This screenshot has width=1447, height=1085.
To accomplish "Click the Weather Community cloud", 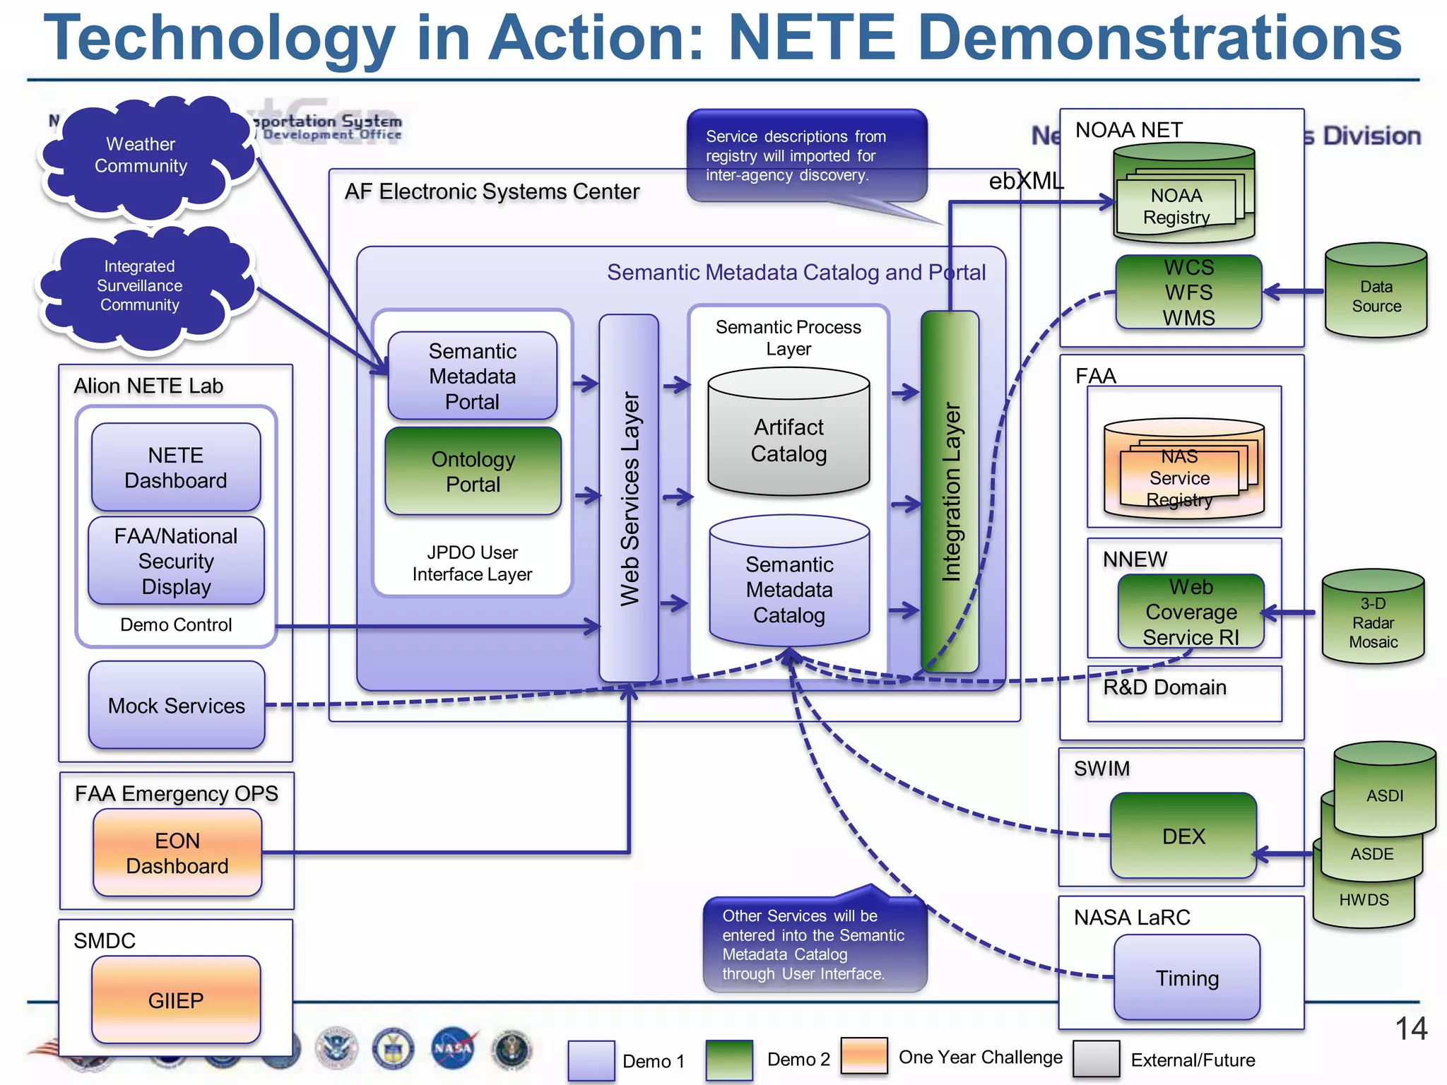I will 141,155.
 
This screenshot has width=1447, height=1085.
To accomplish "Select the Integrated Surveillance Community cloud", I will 140,286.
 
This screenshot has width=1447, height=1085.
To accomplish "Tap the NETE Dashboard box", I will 176,468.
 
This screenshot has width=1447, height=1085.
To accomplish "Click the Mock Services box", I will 177,705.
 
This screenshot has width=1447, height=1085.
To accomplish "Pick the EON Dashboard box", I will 177,853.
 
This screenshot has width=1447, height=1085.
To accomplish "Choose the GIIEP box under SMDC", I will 176,1000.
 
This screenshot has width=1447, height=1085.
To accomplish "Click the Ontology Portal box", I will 473,471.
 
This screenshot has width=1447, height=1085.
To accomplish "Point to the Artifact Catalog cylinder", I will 789,439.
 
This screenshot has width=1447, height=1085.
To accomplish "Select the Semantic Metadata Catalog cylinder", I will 789,588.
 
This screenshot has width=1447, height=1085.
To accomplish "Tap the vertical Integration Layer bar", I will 950,491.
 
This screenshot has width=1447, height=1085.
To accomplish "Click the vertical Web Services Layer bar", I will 629,498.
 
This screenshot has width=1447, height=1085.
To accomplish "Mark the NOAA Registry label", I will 1176,206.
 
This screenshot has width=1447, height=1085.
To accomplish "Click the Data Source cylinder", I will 1376,296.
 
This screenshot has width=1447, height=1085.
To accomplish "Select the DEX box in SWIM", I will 1183,836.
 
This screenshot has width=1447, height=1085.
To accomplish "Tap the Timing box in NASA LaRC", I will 1187,978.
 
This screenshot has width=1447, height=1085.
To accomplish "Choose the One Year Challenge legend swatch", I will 864,1057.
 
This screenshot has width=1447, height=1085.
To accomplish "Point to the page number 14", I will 1411,1028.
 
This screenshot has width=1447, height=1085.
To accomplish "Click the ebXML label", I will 1025,182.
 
